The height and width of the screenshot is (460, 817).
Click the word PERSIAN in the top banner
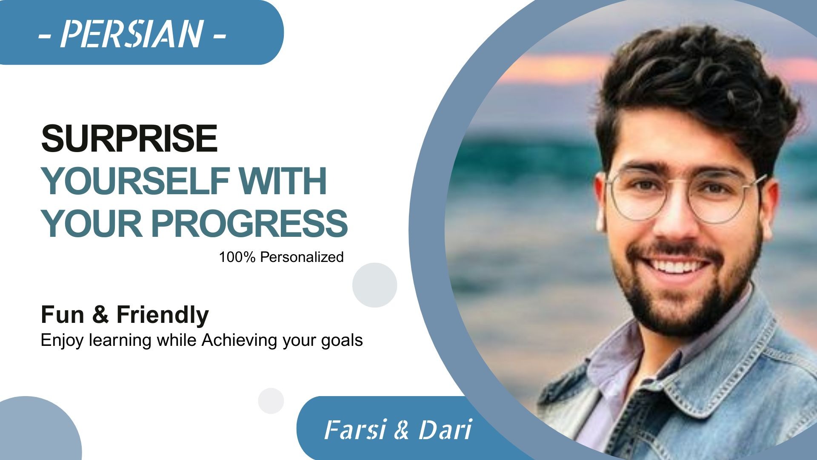coord(131,34)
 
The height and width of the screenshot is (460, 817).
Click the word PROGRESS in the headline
coord(249,223)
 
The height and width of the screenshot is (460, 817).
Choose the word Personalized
coord(302,257)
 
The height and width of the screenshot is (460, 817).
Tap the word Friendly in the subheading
coord(163,315)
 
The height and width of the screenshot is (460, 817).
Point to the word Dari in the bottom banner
coord(445,429)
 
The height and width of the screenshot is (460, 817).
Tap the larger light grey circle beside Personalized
coord(374,285)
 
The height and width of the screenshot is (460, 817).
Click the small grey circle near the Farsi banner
coord(271,401)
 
